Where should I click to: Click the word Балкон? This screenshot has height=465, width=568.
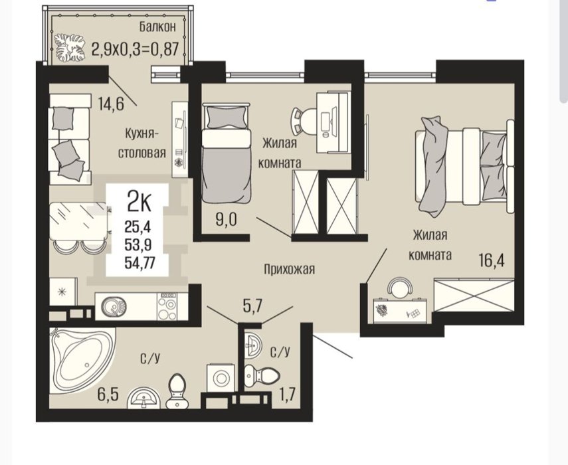tap(157, 27)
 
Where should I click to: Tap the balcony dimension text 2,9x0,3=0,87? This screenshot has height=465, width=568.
tap(135, 49)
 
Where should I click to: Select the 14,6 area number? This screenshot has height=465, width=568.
tap(111, 104)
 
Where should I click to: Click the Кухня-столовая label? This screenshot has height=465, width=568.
tap(142, 143)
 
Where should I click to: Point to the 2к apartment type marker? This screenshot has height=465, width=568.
tap(139, 203)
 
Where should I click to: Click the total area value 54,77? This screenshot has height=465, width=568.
tap(140, 262)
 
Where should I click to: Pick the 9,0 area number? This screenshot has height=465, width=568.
tap(226, 220)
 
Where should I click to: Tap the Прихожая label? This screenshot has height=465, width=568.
tap(289, 269)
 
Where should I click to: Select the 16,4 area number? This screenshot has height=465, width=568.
tap(491, 260)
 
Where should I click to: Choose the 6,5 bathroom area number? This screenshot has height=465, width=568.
tap(108, 395)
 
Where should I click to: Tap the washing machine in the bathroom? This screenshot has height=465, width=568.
tap(220, 379)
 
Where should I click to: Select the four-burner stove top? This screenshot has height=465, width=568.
tap(167, 306)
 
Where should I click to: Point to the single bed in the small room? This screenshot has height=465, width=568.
tap(227, 153)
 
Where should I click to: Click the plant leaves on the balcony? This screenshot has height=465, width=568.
tap(70, 48)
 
